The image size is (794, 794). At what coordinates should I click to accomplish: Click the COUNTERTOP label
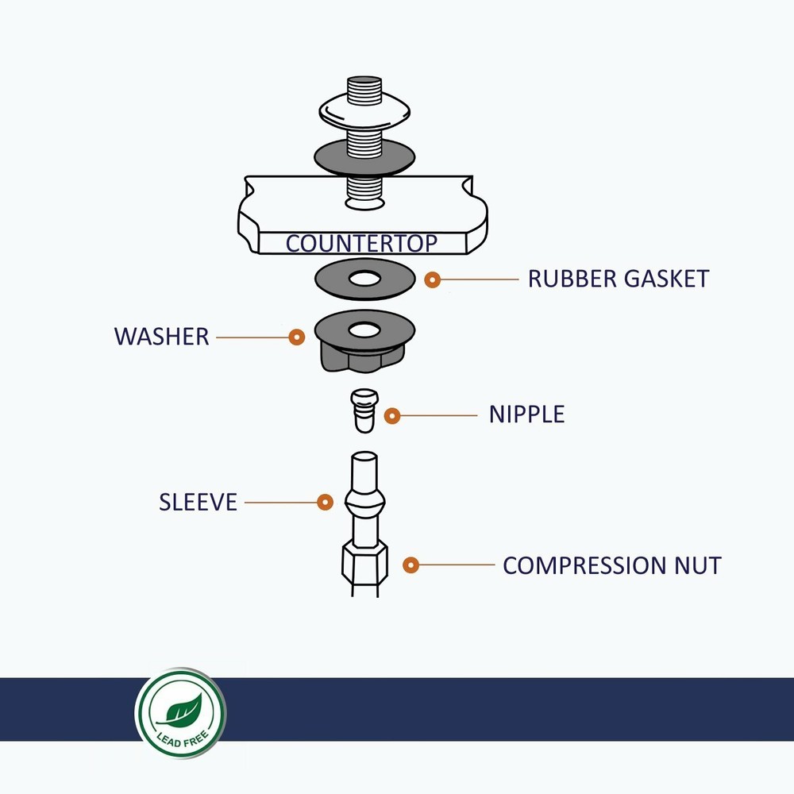[361, 243]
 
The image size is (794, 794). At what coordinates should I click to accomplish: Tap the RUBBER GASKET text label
[618, 279]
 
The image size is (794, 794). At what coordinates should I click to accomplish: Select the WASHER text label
[161, 337]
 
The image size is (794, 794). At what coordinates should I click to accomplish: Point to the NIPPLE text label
[526, 414]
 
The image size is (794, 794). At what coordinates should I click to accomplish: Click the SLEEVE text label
[198, 503]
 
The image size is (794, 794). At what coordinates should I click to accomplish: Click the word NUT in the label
[698, 566]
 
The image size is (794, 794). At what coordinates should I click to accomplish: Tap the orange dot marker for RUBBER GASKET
[433, 279]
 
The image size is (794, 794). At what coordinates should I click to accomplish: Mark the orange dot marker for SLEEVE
[325, 502]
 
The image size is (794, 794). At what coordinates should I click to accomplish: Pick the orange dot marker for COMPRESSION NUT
[410, 565]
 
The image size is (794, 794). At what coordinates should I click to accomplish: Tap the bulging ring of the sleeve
[364, 503]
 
